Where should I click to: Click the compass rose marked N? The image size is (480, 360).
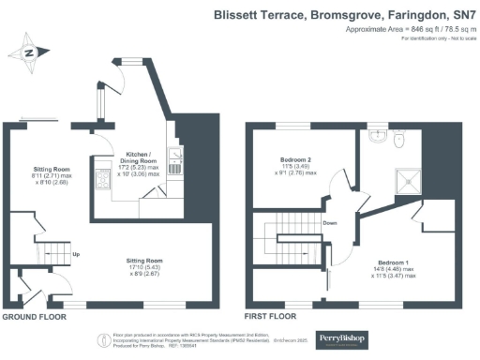(x=30, y=53)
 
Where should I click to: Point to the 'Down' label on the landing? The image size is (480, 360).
(x=329, y=223)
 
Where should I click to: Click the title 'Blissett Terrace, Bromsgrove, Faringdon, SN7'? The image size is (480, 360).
(x=345, y=15)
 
